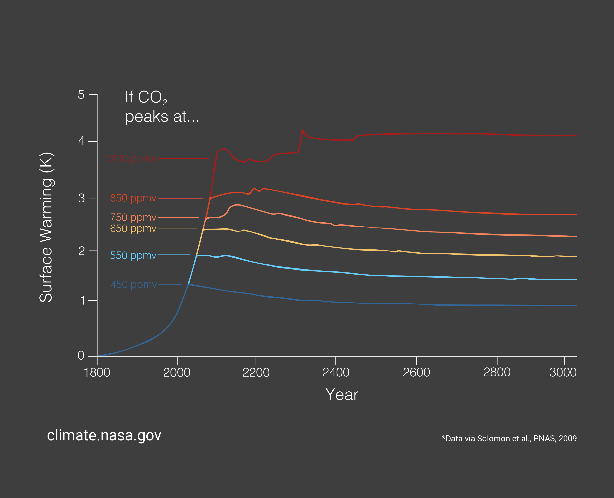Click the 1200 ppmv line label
[131, 159]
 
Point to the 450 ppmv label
[134, 284]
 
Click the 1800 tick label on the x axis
[97, 373]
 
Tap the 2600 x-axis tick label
[416, 373]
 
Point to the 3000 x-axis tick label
[563, 373]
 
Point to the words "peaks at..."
[162, 117]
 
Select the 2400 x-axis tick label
[336, 373]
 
